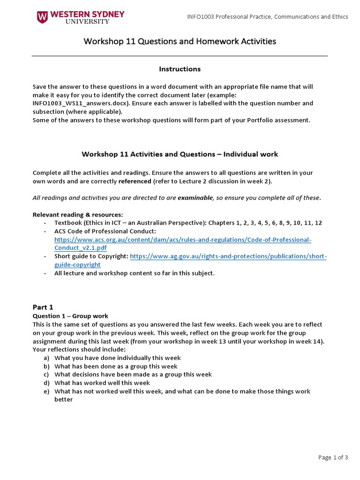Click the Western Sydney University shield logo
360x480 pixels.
click(42, 17)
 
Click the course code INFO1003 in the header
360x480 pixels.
click(200, 17)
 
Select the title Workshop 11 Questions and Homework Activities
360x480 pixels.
click(180, 41)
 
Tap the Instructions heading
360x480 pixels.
click(180, 69)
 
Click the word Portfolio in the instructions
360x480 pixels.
click(249, 120)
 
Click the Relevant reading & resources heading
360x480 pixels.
click(77, 215)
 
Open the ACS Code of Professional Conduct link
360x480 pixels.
click(183, 240)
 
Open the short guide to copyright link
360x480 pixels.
click(228, 256)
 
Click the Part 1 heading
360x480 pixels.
click(43, 307)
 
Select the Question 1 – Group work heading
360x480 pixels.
click(70, 316)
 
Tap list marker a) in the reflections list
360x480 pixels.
click(46, 358)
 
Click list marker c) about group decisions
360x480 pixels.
click(46, 375)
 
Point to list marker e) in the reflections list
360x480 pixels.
click(46, 391)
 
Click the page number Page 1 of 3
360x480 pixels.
click(333, 458)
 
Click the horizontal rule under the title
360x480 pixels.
click(180, 56)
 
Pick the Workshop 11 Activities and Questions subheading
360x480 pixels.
click(180, 154)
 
